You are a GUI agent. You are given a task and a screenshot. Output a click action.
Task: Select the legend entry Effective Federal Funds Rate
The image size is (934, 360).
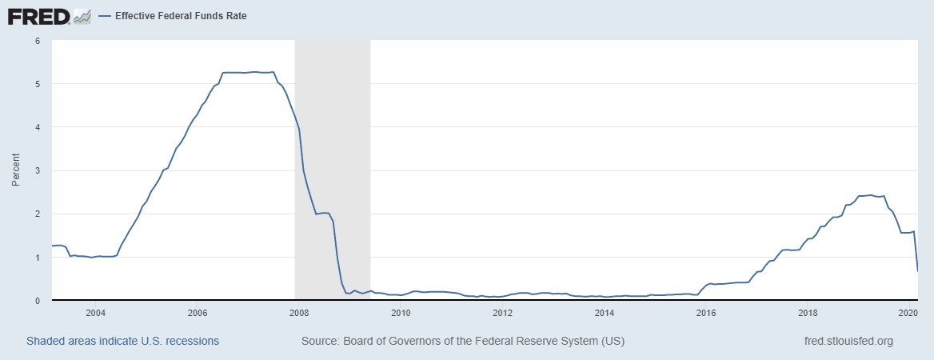[181, 16]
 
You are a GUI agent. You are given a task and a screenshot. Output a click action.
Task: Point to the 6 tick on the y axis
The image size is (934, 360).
[38, 40]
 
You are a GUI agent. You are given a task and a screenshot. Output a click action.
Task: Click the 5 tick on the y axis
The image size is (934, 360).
[38, 83]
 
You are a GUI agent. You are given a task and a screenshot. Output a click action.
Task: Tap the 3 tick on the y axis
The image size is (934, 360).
[38, 170]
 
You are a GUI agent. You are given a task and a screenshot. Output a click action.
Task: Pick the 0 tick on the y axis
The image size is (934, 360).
[38, 301]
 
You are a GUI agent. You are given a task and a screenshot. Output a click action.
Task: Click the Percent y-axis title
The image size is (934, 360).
[16, 170]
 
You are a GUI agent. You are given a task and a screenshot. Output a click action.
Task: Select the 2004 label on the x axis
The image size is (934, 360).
[95, 313]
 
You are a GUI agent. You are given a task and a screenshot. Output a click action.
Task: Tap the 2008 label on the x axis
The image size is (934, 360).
[299, 313]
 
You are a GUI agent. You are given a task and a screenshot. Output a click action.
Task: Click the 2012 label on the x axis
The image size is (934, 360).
[502, 313]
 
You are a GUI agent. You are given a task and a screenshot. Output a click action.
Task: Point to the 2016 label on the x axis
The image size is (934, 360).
[706, 313]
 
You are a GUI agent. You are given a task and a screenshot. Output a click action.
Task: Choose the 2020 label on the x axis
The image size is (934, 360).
[908, 313]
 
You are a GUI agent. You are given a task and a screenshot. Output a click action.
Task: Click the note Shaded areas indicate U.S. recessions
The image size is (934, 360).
[123, 341]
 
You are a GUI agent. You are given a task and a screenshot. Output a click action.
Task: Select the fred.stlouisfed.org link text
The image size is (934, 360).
[848, 341]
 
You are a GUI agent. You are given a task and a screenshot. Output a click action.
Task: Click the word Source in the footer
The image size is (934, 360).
[319, 341]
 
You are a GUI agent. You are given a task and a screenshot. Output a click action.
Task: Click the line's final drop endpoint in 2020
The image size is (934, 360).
[917, 271]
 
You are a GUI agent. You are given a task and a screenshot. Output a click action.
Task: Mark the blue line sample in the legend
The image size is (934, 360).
[105, 16]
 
